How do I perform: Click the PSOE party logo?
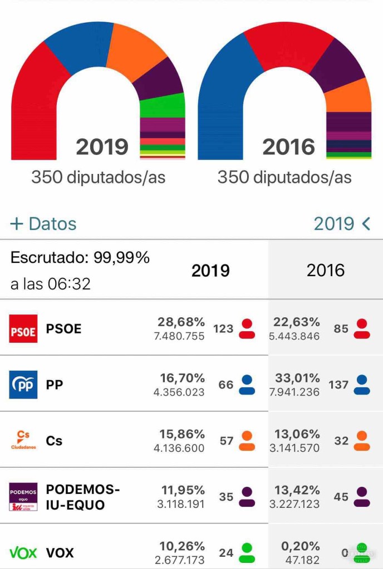click(x=23, y=328)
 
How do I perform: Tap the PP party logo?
click(x=23, y=385)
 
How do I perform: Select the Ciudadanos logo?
click(x=23, y=441)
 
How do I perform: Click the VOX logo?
click(x=23, y=553)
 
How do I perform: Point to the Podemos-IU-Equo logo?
click(x=23, y=497)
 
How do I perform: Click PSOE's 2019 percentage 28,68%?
click(x=181, y=322)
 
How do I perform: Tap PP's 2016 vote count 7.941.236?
click(x=295, y=392)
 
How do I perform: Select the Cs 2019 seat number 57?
click(x=226, y=441)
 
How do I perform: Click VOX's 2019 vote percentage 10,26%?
click(x=181, y=546)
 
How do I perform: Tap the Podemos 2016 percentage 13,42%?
click(x=297, y=490)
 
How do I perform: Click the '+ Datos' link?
click(x=43, y=223)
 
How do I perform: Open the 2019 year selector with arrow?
click(x=341, y=223)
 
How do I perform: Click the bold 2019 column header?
click(x=210, y=271)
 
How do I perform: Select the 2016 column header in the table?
click(x=326, y=271)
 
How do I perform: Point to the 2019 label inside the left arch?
click(x=102, y=147)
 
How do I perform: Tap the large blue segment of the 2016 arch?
click(x=220, y=94)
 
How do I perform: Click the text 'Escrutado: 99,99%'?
click(x=80, y=258)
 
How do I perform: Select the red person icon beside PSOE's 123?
click(x=247, y=328)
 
